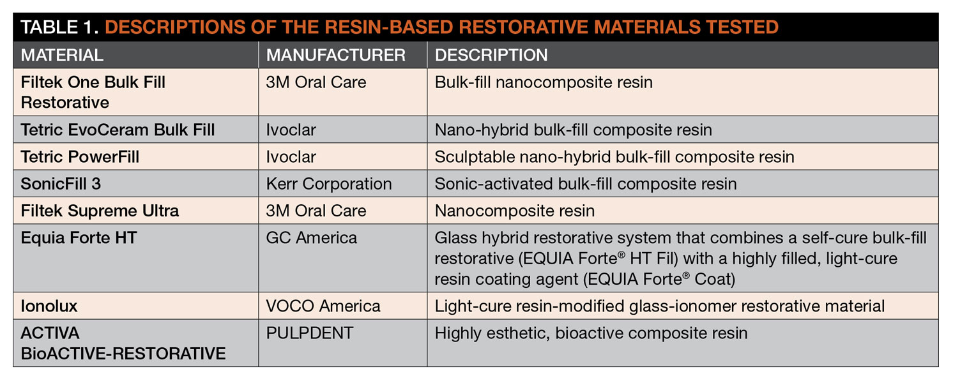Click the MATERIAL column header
coord(62,56)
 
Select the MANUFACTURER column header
coord(336,56)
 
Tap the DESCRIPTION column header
coord(491,56)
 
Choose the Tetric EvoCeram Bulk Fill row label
coord(118,130)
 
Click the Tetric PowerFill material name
coord(80,157)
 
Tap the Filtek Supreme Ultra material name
coord(100,211)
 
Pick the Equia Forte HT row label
coord(80,238)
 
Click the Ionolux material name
coord(49,306)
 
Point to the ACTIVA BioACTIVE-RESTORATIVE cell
coord(123,343)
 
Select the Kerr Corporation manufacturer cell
coord(329,184)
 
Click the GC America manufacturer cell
coord(312,238)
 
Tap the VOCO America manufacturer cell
coord(323,306)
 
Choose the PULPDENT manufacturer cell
coord(310,333)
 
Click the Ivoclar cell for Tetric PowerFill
coord(291,157)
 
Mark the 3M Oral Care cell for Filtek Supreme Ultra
coord(316,211)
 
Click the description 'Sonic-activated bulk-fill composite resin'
coord(586,184)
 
